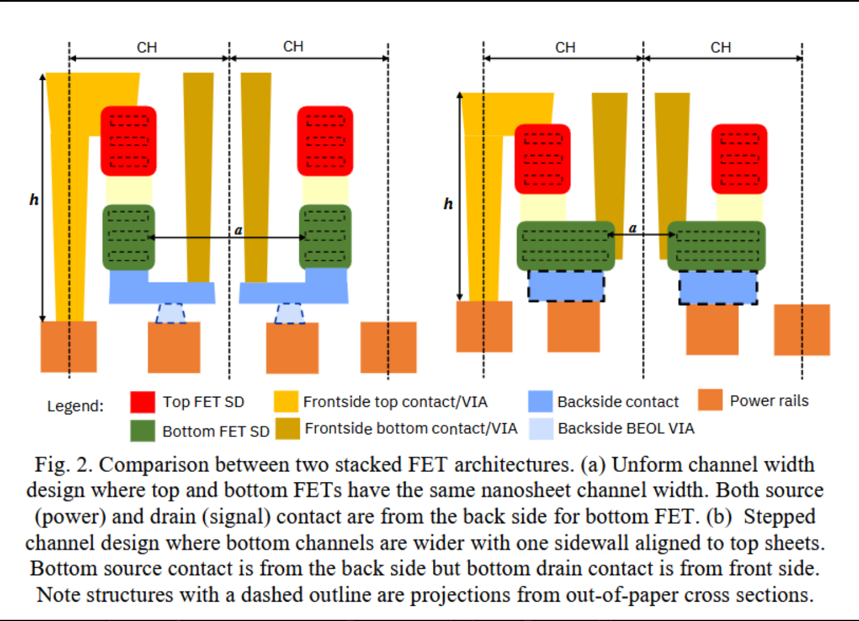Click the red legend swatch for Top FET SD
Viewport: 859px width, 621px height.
pos(143,402)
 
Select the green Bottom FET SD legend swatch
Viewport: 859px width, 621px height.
pos(143,431)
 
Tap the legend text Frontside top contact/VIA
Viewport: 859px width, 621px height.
pos(395,402)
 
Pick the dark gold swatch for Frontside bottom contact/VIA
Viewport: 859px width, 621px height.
pos(288,428)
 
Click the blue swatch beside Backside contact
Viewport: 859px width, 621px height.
pos(540,401)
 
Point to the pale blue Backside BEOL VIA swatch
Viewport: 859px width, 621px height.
pos(540,428)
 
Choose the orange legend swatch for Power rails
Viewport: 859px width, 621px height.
pos(710,400)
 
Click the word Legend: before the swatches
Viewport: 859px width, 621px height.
pos(75,406)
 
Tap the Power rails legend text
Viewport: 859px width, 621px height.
pos(769,401)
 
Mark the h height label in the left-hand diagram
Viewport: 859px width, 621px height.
pos(34,200)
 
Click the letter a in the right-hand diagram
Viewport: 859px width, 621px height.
pos(633,228)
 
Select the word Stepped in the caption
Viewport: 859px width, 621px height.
pos(779,517)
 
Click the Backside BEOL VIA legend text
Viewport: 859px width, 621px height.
pos(625,428)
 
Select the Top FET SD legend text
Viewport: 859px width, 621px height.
pos(203,402)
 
